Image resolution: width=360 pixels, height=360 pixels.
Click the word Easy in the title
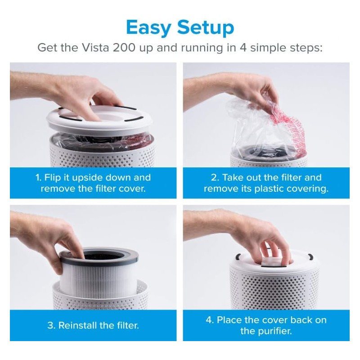click(148, 27)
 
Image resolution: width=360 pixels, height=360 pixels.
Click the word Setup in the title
click(205, 27)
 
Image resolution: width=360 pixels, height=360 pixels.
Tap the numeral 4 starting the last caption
click(209, 320)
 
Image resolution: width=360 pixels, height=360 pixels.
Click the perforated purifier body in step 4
click(274, 288)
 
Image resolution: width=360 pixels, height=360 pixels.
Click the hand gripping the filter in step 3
click(58, 238)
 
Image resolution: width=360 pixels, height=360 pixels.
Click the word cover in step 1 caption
click(131, 189)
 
